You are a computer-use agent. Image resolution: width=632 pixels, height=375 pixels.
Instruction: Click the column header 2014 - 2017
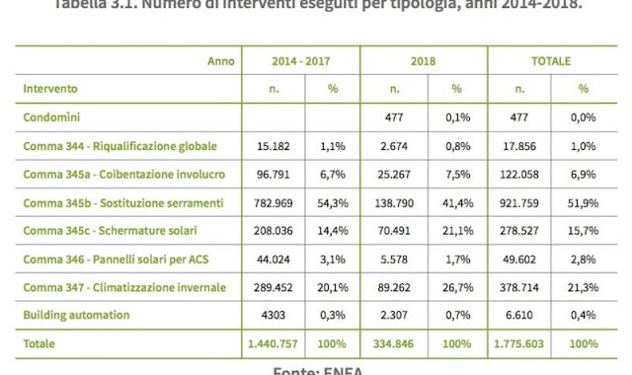click(x=300, y=60)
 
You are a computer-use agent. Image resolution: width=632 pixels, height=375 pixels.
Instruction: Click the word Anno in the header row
click(x=220, y=60)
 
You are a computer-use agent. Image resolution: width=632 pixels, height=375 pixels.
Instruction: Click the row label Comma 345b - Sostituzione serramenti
click(x=122, y=202)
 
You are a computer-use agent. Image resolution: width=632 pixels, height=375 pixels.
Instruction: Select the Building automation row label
click(x=77, y=316)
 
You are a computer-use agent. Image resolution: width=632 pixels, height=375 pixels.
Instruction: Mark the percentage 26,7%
click(x=457, y=287)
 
